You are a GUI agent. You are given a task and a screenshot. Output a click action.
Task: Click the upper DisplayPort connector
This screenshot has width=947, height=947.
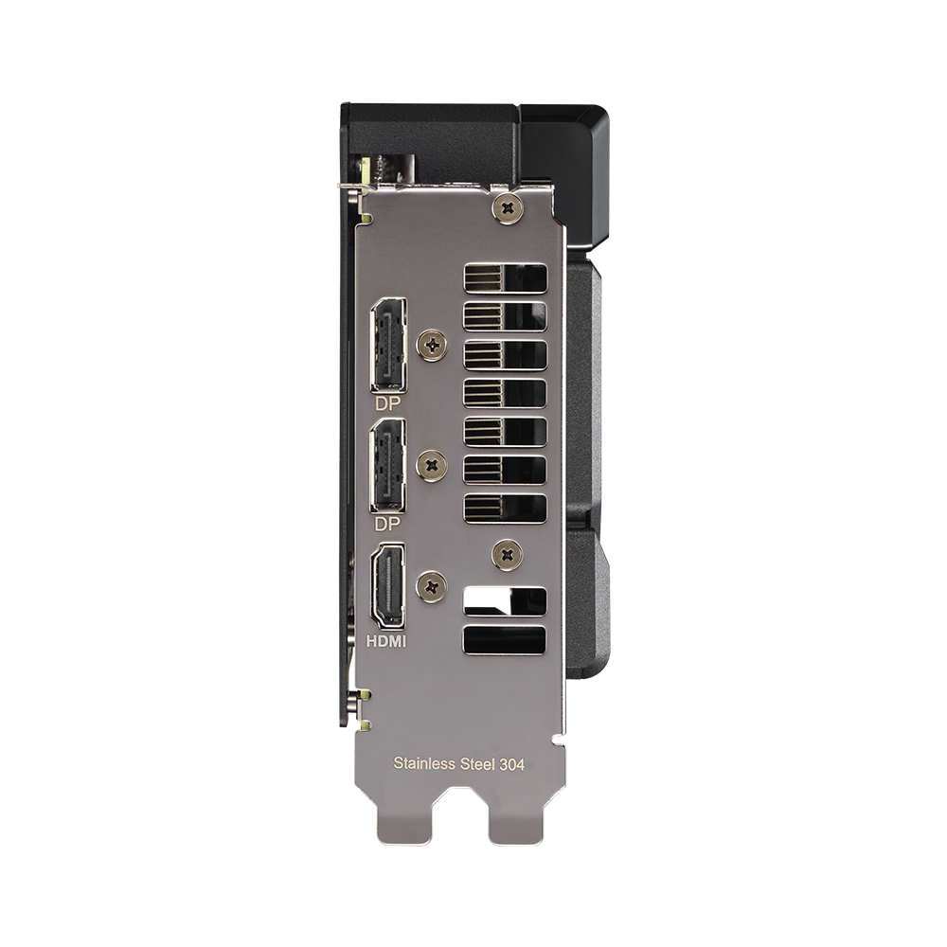tap(388, 345)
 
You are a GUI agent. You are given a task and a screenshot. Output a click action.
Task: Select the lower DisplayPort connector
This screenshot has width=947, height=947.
tap(388, 465)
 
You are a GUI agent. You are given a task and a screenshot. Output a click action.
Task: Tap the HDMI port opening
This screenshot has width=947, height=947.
tap(388, 585)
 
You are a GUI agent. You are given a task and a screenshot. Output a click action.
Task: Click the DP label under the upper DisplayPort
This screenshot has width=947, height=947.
tap(386, 402)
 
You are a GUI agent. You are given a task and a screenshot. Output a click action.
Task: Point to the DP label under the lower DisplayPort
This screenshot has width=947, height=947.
tap(386, 523)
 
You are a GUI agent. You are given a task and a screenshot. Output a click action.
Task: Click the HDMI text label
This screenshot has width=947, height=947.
tap(386, 641)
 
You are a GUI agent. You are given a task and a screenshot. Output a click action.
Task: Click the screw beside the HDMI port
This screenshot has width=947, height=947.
tap(433, 586)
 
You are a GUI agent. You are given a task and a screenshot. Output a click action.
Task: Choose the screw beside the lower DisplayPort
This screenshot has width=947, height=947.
tap(433, 464)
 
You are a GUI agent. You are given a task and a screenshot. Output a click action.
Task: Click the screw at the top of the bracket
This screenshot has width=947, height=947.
tap(509, 206)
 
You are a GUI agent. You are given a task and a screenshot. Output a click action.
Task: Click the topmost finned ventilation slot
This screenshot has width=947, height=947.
tap(505, 278)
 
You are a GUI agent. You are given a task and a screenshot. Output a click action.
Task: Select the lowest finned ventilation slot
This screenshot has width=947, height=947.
tap(505, 508)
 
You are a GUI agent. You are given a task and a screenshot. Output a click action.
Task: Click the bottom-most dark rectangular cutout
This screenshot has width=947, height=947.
tap(505, 639)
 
